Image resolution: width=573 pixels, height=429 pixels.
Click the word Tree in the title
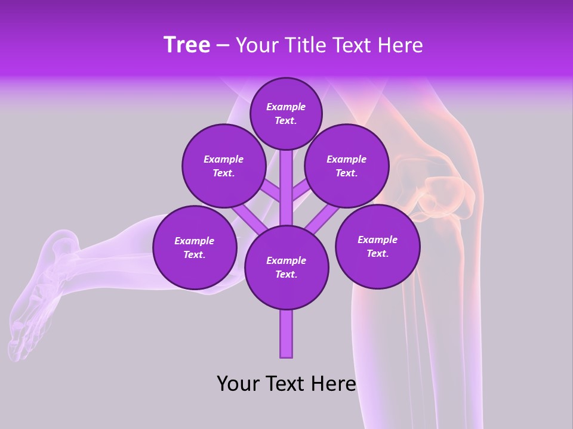pyautogui.click(x=187, y=45)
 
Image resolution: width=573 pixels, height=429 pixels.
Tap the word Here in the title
pyautogui.click(x=400, y=45)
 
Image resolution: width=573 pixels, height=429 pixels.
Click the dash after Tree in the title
pyautogui.click(x=223, y=46)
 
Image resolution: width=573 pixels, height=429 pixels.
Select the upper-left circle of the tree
pyautogui.click(x=224, y=166)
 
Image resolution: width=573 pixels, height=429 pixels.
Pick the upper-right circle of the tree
pyautogui.click(x=347, y=166)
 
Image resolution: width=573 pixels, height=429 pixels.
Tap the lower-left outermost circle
pyautogui.click(x=195, y=247)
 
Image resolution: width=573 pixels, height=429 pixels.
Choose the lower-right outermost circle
pyautogui.click(x=377, y=246)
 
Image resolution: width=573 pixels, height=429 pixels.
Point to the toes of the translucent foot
pyautogui.click(x=18, y=346)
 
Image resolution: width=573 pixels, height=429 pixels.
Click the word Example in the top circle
pyautogui.click(x=286, y=107)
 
